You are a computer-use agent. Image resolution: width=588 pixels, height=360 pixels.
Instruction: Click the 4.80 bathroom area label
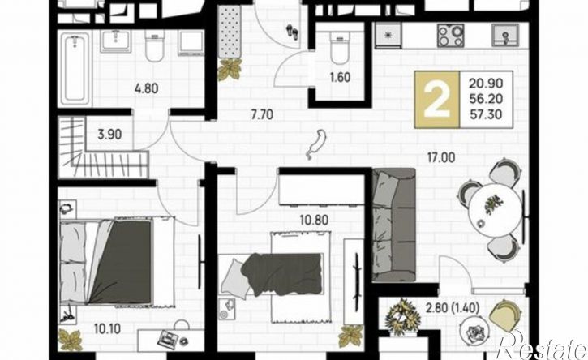click(146, 89)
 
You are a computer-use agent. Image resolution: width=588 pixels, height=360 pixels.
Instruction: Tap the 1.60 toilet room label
click(340, 78)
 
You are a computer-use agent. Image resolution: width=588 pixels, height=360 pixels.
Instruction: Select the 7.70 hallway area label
click(262, 114)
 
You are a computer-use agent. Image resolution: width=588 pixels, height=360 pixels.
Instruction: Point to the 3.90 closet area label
click(109, 135)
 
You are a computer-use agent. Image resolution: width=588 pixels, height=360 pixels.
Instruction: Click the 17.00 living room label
click(441, 157)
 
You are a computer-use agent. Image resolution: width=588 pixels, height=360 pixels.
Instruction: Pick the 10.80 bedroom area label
click(314, 220)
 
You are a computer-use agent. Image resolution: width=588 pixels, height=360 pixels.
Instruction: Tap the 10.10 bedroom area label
click(107, 329)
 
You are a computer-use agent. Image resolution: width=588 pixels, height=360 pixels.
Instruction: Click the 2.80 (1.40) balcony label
click(453, 308)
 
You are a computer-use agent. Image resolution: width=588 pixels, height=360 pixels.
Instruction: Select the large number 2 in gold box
click(436, 100)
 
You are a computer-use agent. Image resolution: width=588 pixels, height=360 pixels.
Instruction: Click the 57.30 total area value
click(486, 114)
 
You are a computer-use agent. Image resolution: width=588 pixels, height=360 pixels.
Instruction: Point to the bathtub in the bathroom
click(75, 69)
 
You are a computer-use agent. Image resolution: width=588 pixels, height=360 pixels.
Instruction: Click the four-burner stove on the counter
click(450, 36)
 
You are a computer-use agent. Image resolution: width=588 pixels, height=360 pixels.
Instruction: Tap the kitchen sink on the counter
click(505, 35)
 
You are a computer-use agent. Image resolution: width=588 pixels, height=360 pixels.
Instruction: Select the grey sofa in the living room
click(394, 225)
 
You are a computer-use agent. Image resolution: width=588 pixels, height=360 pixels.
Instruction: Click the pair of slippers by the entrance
click(293, 31)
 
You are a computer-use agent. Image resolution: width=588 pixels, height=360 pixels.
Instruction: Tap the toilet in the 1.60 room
click(340, 48)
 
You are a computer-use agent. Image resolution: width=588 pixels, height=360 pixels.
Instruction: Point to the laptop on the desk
click(168, 340)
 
